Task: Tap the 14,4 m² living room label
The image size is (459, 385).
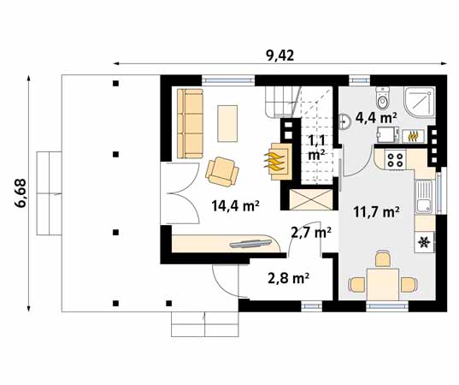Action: (235, 204)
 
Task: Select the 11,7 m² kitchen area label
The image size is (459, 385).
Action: (377, 212)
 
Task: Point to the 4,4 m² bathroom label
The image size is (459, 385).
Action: (376, 117)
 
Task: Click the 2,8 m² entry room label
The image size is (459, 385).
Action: (288, 277)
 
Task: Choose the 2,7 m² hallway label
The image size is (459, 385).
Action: (310, 232)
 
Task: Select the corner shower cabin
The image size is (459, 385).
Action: (419, 102)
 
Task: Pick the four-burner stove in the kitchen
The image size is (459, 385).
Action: (396, 158)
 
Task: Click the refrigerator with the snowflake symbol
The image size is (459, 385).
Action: (425, 243)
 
